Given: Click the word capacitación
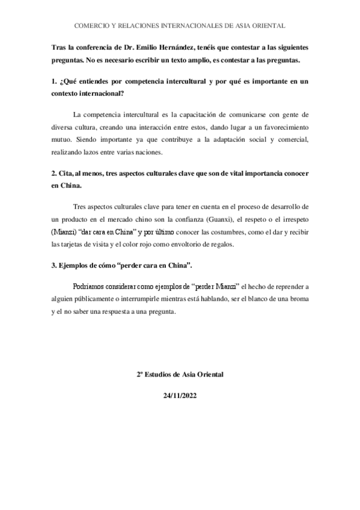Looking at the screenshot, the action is point(191,114).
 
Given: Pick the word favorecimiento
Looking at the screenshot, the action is point(284,128).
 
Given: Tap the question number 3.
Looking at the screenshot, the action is point(53,265).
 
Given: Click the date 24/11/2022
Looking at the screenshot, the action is point(180,397).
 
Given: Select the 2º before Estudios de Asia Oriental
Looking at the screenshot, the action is point(141,374).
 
